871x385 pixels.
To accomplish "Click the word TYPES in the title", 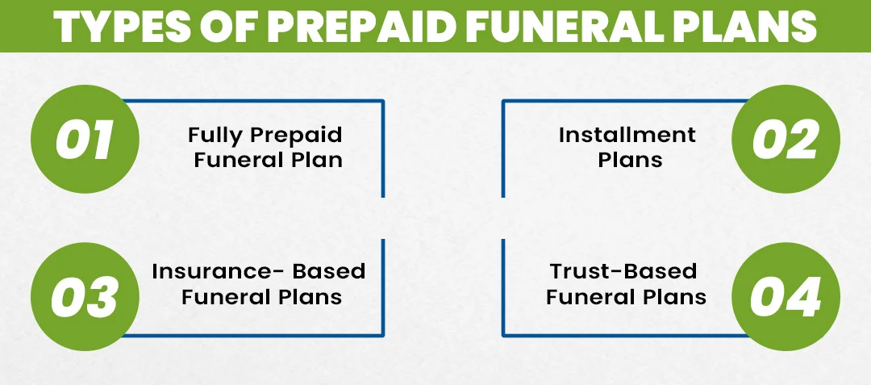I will pyautogui.click(x=118, y=27).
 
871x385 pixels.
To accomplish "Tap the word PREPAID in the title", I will pyautogui.click(x=354, y=27).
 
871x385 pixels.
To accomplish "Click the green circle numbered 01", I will pyautogui.click(x=84, y=140).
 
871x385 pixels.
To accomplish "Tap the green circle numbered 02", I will pyautogui.click(x=786, y=140).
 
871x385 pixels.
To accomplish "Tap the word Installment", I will pyautogui.click(x=627, y=134).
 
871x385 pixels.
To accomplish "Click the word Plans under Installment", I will pyautogui.click(x=630, y=160).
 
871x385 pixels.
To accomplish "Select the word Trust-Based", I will pyautogui.click(x=623, y=270).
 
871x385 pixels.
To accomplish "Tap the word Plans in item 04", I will pyautogui.click(x=673, y=297).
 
